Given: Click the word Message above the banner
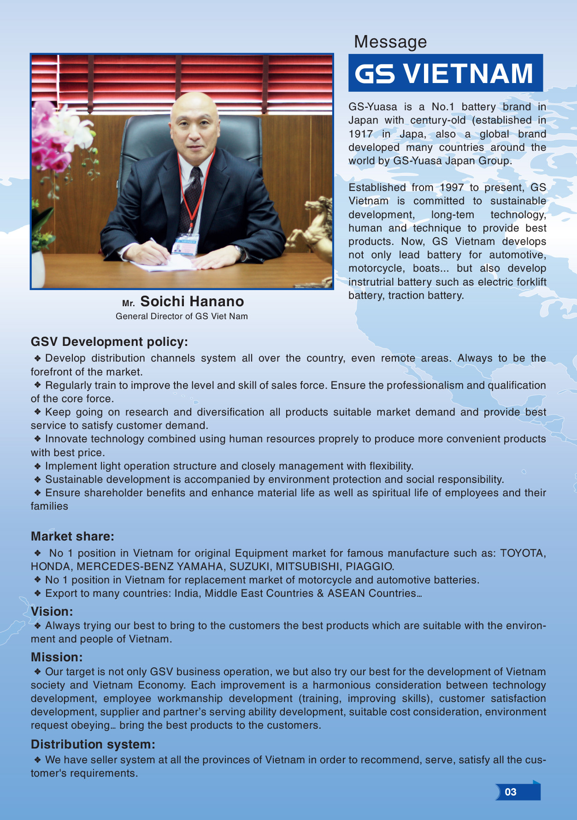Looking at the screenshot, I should point(390,42).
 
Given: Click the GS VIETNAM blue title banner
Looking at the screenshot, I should point(445,73).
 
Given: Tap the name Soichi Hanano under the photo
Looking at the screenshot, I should point(192,301).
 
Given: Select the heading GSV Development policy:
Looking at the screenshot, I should point(109,342).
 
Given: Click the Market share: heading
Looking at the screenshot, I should point(72,536).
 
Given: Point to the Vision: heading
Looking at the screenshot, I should point(52,612).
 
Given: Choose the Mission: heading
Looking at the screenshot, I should point(57,657).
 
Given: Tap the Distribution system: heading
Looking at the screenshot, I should point(93,744).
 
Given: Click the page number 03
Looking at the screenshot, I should point(511,792).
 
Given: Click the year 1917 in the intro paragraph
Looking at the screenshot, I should point(361,134).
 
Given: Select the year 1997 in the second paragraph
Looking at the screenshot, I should point(452,188).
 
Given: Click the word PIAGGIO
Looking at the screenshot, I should point(370,566).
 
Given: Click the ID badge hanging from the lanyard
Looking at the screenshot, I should point(185,244).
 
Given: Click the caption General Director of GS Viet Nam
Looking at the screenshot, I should point(182,316).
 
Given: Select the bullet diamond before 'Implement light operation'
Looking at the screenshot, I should point(38,466).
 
